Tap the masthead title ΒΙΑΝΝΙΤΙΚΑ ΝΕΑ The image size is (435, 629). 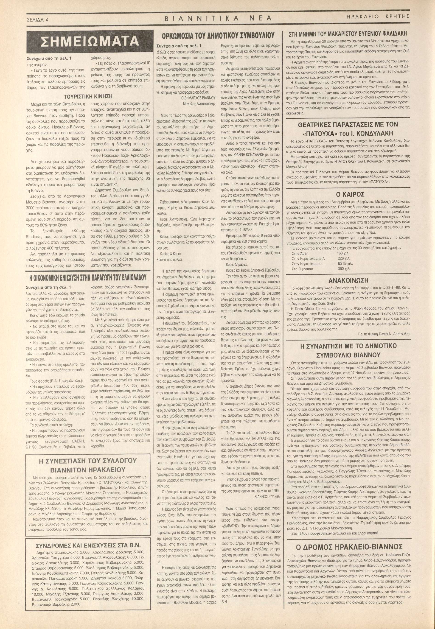point(218,18)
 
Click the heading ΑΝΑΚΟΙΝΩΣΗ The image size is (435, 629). point(348,280)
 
